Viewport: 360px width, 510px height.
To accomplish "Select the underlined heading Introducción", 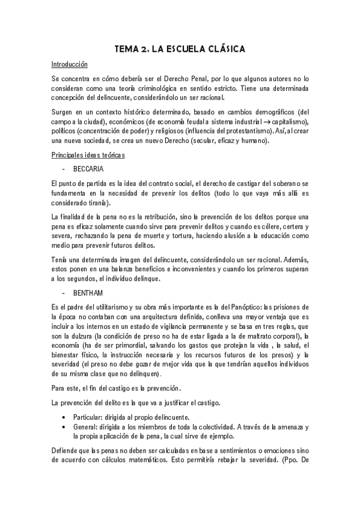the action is (70, 64).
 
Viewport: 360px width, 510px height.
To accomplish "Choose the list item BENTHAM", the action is (88, 292).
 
